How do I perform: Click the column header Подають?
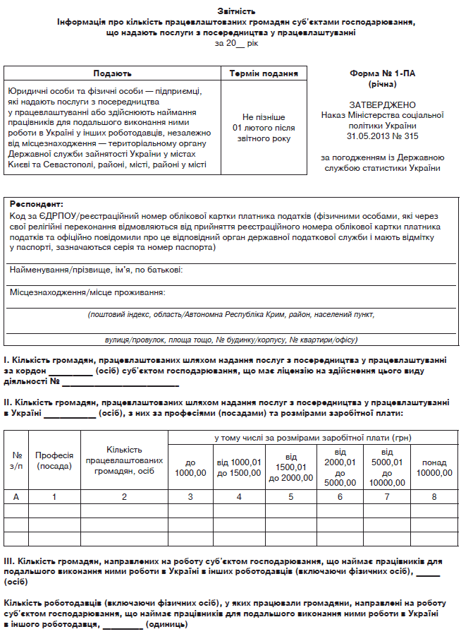[x=113, y=73]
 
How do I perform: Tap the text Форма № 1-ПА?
[x=382, y=73]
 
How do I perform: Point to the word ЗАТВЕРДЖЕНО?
[x=382, y=104]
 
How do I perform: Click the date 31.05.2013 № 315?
[x=382, y=136]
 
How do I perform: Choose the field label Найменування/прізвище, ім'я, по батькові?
[x=97, y=270]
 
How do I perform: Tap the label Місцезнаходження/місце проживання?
[x=87, y=292]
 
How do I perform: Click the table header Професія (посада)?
[x=54, y=460]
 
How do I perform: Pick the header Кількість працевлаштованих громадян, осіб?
[x=124, y=460]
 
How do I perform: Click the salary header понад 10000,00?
[x=434, y=467]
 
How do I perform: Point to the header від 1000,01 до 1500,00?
[x=238, y=467]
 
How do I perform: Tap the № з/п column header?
[x=16, y=460]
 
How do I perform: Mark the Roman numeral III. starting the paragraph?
[x=10, y=561]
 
